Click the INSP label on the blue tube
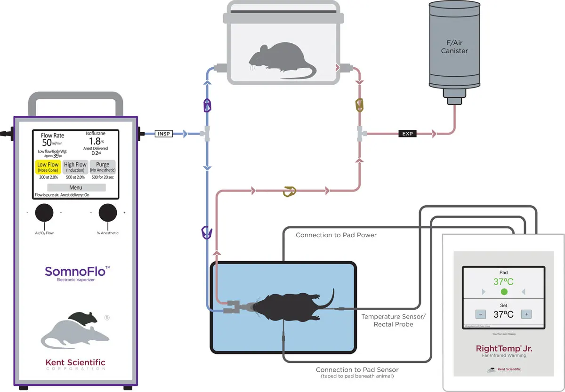[x=164, y=134]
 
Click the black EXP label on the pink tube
[x=408, y=134]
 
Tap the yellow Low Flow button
[x=48, y=167]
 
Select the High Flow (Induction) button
[x=75, y=167]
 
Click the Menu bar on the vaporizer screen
[x=76, y=187]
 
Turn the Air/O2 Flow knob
[x=44, y=213]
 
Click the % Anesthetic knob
[x=107, y=213]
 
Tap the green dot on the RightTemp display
[x=504, y=292]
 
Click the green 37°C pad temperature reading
[x=504, y=282]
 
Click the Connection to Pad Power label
[x=336, y=235]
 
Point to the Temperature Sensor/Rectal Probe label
[x=393, y=320]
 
